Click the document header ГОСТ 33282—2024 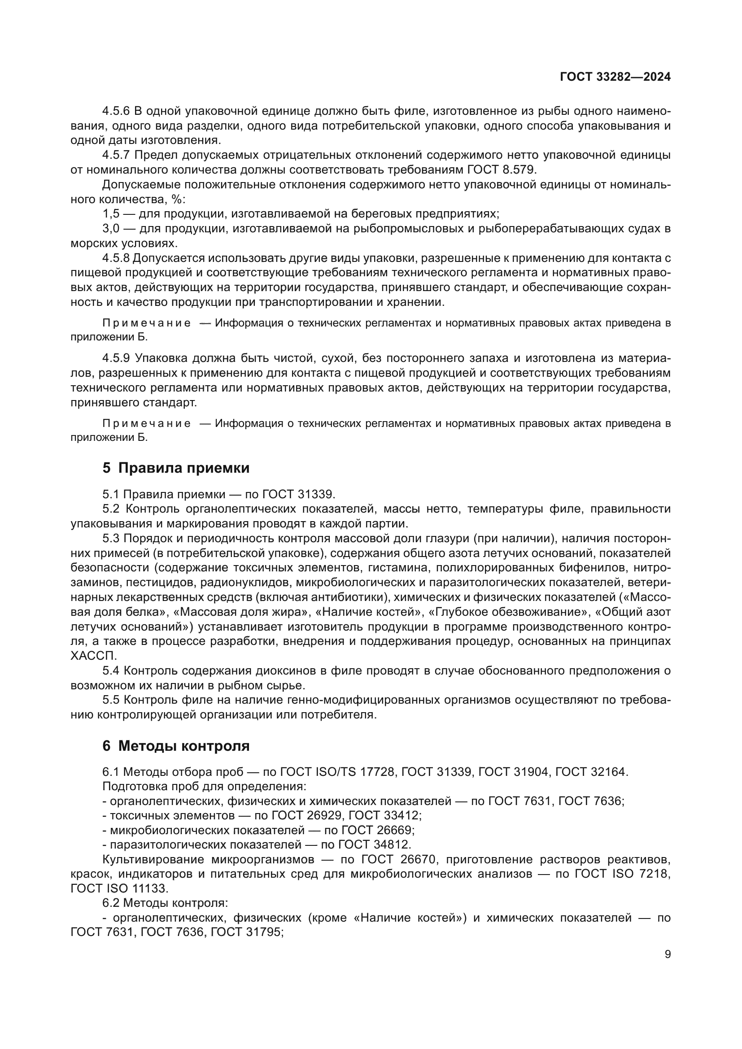pyautogui.click(x=615, y=77)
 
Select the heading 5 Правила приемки pyautogui.click(x=176, y=468)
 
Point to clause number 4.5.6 pyautogui.click(x=116, y=111)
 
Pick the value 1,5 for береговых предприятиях pyautogui.click(x=111, y=214)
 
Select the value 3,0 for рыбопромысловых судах pyautogui.click(x=111, y=228)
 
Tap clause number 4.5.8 pyautogui.click(x=116, y=258)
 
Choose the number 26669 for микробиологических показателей pyautogui.click(x=395, y=830)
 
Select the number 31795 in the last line pyautogui.click(x=264, y=932)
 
